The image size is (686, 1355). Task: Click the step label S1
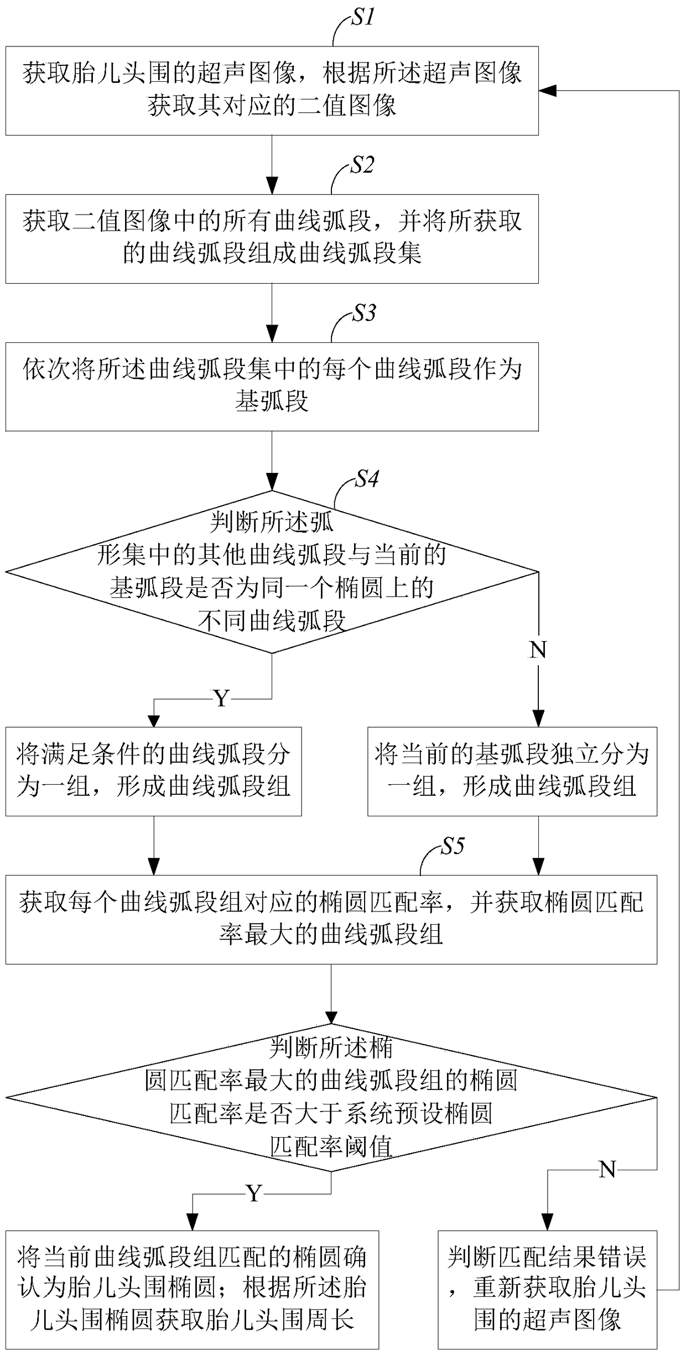[363, 18]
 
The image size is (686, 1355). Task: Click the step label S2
[362, 165]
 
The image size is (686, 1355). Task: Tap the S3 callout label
[364, 313]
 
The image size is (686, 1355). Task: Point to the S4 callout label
[367, 478]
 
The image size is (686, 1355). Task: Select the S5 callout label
[453, 846]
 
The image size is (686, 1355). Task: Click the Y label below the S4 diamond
[221, 699]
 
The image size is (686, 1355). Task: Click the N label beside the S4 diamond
[538, 650]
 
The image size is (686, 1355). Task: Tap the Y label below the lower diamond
[254, 1194]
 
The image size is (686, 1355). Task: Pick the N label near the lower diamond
[607, 1169]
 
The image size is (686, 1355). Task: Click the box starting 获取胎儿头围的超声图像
[272, 91]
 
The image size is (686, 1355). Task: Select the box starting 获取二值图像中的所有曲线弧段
[272, 239]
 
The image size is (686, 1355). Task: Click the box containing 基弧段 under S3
[272, 387]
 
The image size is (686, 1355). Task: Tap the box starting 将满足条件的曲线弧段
[154, 772]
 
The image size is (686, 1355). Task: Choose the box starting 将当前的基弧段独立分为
[512, 772]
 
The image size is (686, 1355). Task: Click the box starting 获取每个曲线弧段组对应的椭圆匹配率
[331, 920]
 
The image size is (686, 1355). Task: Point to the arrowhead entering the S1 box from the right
[546, 91]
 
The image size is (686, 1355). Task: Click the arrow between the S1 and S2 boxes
[272, 164]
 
